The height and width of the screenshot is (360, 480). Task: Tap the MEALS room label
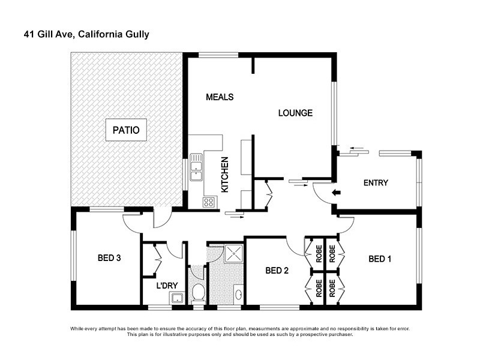(219, 97)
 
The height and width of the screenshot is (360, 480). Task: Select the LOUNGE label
(295, 113)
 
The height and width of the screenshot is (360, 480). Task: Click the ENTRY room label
(376, 183)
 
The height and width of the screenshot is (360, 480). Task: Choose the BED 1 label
(380, 259)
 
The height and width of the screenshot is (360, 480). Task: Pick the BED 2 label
(277, 271)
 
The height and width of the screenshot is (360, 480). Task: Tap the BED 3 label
(110, 259)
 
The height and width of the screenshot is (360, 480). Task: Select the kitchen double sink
(197, 167)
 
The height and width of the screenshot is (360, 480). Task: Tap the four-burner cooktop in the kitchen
(209, 202)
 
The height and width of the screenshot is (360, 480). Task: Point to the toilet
(197, 292)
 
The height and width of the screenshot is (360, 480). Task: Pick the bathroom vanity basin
(238, 295)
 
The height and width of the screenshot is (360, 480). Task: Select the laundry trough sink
(176, 298)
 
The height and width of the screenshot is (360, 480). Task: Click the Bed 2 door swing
(295, 245)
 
